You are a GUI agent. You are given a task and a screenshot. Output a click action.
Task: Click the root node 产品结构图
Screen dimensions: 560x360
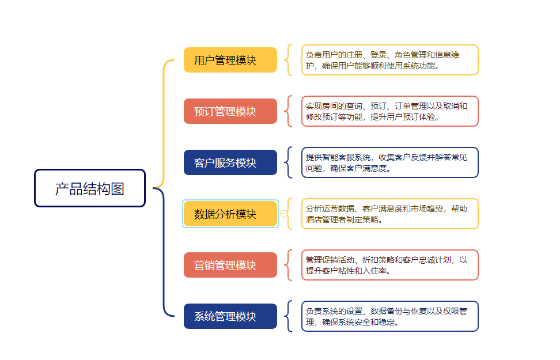point(90,188)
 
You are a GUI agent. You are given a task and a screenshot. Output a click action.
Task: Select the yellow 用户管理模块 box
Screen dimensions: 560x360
point(230,60)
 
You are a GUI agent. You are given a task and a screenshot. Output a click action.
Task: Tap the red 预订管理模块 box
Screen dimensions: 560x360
point(230,111)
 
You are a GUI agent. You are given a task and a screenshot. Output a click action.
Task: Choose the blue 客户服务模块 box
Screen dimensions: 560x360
point(230,162)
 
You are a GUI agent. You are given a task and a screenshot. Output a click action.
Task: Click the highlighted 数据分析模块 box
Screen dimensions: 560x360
point(230,214)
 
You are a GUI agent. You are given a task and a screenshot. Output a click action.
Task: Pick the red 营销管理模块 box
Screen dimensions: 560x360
point(230,265)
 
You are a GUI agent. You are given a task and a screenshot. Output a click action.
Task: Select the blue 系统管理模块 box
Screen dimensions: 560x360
point(230,316)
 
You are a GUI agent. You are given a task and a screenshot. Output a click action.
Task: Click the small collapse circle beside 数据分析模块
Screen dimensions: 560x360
point(284,214)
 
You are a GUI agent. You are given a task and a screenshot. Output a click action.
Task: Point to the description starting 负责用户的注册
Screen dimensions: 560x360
point(389,60)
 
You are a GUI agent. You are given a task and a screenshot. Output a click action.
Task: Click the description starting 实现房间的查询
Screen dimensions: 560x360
point(389,111)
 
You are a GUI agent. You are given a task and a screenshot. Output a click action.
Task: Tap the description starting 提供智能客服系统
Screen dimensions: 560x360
point(389,162)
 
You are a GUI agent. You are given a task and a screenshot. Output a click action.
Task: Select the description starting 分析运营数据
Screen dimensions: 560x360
point(389,214)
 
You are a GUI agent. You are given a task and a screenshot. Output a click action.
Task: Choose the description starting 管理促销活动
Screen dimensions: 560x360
point(389,265)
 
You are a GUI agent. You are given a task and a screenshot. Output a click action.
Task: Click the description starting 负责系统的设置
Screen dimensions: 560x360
point(389,316)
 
